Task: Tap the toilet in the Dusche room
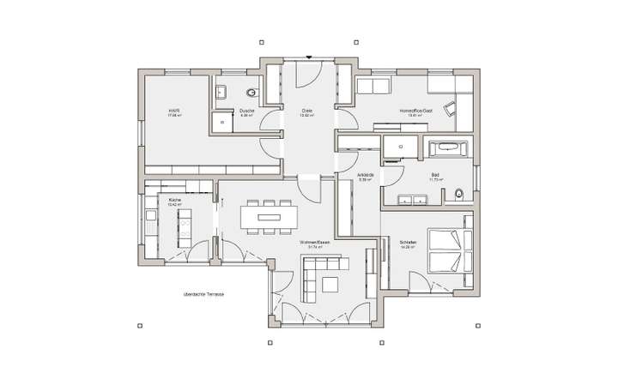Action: coord(251,93)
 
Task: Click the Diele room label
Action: coord(307,111)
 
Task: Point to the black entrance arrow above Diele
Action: coord(307,58)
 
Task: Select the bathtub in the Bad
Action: coord(449,148)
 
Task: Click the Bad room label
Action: coord(435,175)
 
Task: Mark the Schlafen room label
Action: coord(408,243)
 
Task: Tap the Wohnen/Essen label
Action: coord(314,243)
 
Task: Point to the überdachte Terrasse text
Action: coord(203,294)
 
